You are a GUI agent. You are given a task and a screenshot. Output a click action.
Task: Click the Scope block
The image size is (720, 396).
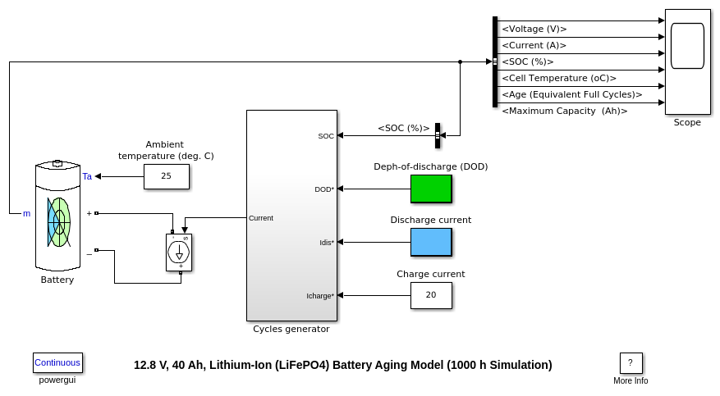687,61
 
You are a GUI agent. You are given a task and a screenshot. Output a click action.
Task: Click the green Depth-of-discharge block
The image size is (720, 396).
431,189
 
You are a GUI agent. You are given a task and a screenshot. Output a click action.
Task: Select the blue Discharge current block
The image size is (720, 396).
431,242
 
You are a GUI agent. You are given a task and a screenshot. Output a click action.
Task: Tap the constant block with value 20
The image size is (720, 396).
431,295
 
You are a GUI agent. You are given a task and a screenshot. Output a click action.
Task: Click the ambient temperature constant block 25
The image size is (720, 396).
166,176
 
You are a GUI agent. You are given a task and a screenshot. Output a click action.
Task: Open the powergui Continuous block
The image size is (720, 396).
57,362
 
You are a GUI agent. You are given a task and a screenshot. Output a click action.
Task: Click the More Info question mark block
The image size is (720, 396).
631,363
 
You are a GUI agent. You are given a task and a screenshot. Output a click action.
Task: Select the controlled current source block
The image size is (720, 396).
179,252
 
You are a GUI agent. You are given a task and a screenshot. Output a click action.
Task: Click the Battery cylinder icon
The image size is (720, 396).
57,216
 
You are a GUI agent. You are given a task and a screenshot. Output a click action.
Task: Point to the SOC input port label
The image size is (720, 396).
326,136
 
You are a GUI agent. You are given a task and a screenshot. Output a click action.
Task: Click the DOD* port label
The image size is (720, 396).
324,189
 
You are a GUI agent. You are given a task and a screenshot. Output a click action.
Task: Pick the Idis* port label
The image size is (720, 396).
326,243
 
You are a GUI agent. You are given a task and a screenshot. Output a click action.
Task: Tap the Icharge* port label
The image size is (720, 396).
320,296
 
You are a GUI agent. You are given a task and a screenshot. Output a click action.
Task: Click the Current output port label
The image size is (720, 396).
261,218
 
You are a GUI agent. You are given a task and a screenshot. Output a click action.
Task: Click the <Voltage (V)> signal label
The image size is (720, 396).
534,29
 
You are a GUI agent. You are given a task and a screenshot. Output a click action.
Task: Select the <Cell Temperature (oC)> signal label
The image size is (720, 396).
559,78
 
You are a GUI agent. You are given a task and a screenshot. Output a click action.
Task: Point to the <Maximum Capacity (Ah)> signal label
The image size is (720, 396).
564,111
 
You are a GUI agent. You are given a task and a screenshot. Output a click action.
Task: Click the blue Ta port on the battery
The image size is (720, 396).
87,176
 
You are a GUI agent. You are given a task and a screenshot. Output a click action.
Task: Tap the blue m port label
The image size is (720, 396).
26,214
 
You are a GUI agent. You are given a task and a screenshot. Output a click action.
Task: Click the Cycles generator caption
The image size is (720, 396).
291,329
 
